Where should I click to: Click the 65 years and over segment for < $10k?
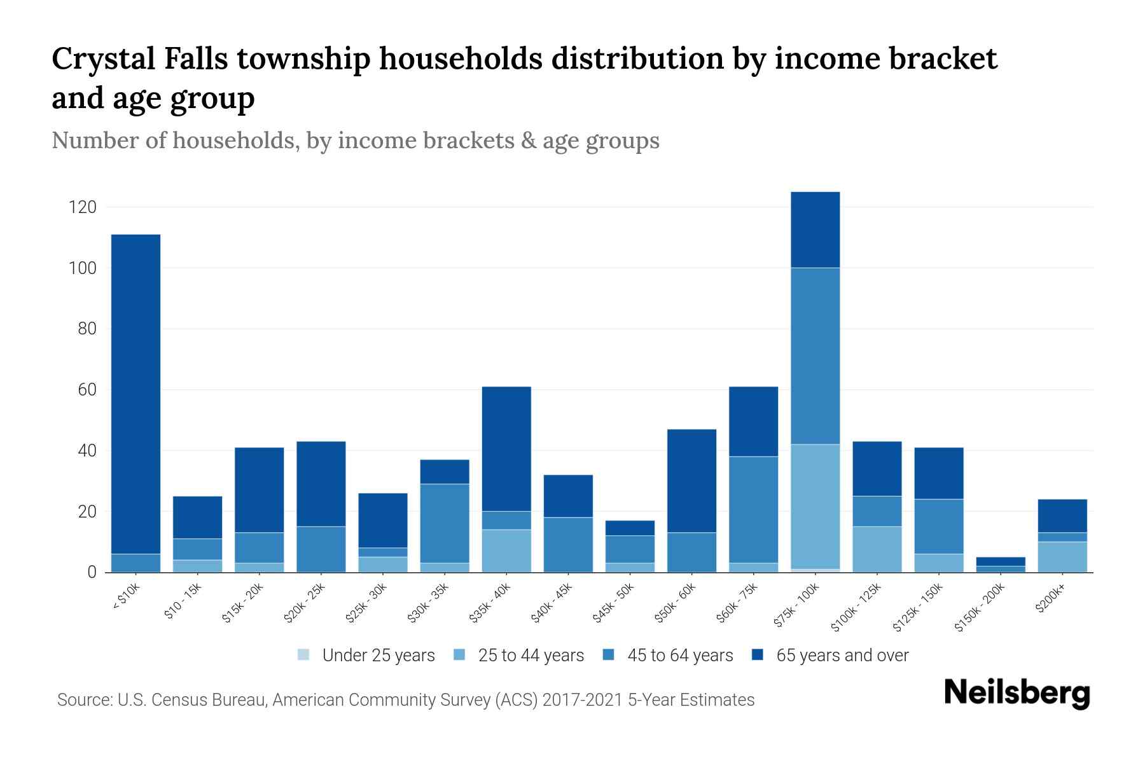pyautogui.click(x=135, y=394)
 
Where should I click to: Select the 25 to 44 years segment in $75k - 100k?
pyautogui.click(x=815, y=506)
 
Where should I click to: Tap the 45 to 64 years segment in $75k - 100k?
pyautogui.click(x=815, y=355)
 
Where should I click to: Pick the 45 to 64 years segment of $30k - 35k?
pyautogui.click(x=445, y=523)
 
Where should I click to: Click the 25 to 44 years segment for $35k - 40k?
pyautogui.click(x=506, y=551)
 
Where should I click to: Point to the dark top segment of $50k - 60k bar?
pyautogui.click(x=691, y=481)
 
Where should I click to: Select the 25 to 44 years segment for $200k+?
pyautogui.click(x=1062, y=557)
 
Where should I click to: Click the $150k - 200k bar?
pyautogui.click(x=1000, y=565)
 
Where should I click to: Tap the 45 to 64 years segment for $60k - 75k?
pyautogui.click(x=753, y=509)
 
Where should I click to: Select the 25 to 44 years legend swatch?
pyautogui.click(x=460, y=655)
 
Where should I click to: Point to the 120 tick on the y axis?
pyautogui.click(x=83, y=207)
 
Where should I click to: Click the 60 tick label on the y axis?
pyautogui.click(x=87, y=390)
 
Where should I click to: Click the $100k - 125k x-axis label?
pyautogui.click(x=856, y=608)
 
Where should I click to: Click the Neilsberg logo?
pyautogui.click(x=1017, y=694)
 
